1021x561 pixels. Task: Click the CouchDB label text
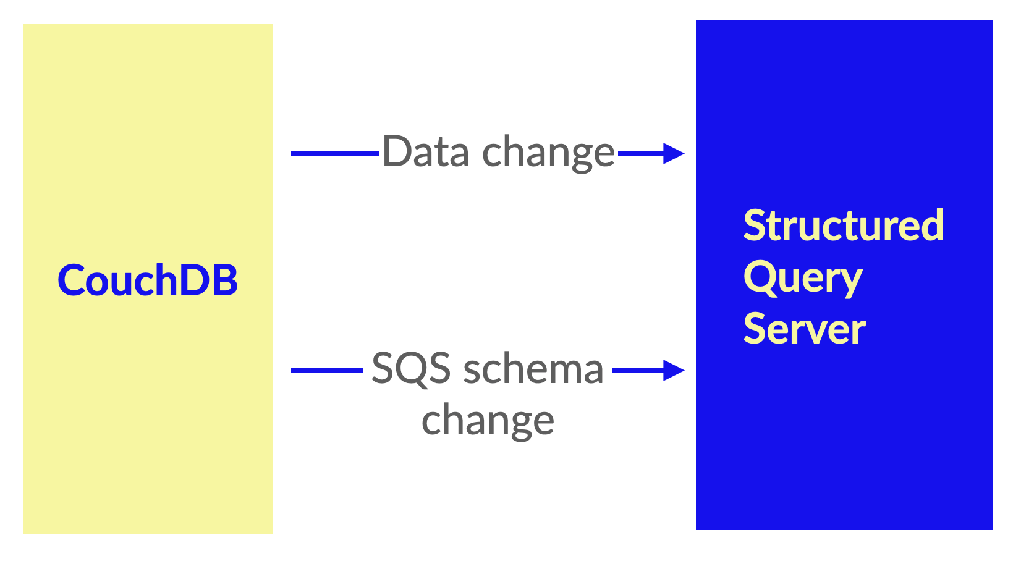pos(148,280)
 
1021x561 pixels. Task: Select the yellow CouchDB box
pos(148,279)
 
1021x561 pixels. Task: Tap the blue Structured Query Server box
pos(844,276)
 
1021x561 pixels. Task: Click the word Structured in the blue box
pos(843,225)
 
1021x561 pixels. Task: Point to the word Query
pos(803,278)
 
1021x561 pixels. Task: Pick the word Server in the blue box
pos(805,329)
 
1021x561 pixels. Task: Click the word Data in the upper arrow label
pos(426,151)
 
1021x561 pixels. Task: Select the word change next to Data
pos(548,152)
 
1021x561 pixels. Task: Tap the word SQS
pos(411,368)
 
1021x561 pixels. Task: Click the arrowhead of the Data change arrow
pos(674,154)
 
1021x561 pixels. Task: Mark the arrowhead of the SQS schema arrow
pos(674,371)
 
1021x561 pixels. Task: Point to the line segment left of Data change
pos(335,154)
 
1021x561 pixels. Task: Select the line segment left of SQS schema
pos(328,371)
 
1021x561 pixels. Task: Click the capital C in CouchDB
pos(72,280)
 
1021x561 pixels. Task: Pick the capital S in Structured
pos(755,225)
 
